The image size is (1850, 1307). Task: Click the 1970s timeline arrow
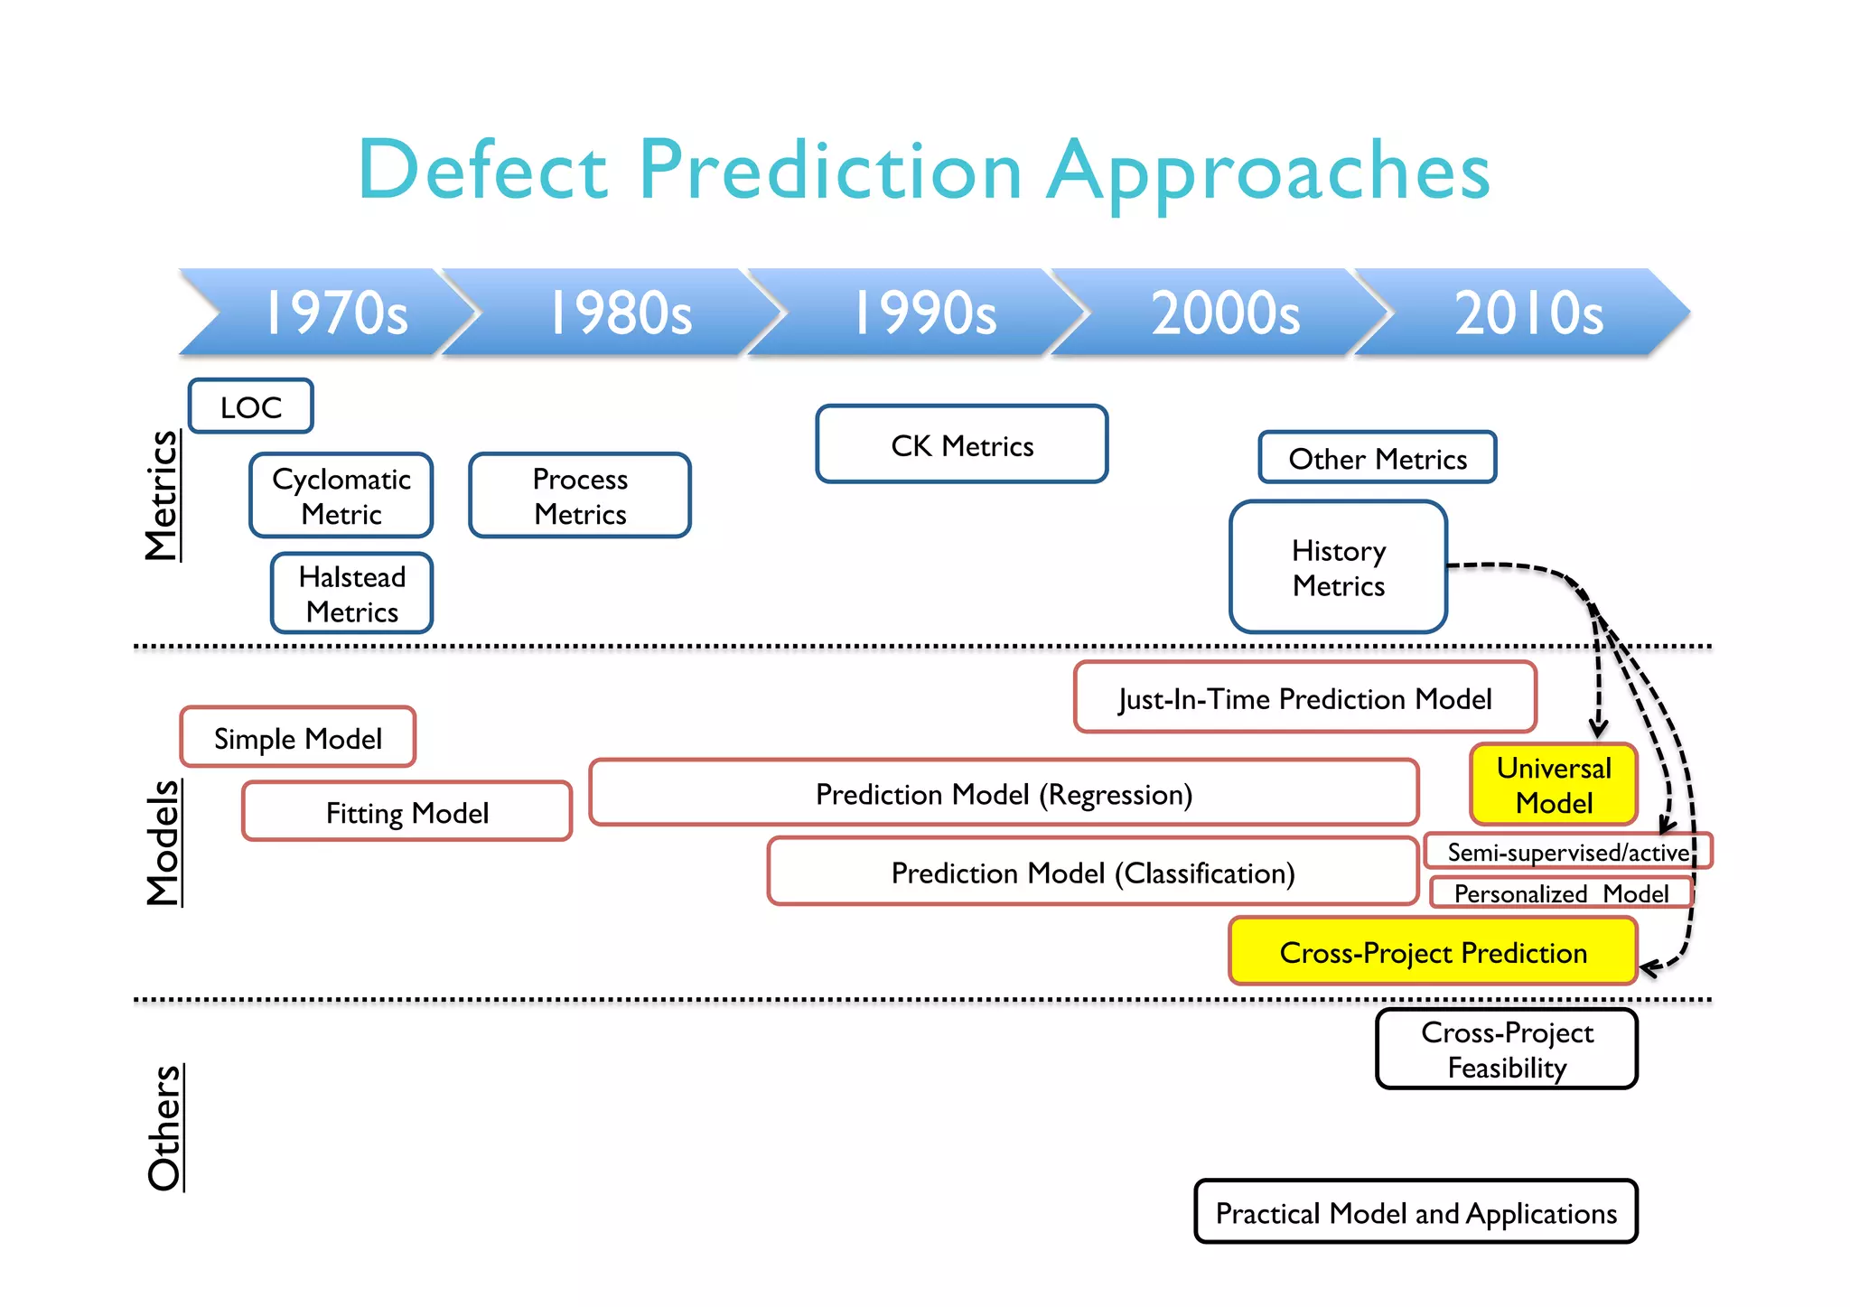click(x=334, y=313)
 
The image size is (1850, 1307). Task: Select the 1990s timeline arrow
click(x=923, y=313)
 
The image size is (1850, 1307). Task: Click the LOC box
click(x=251, y=406)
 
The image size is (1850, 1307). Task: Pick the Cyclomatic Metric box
click(x=341, y=496)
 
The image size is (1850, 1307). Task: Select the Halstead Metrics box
click(x=352, y=593)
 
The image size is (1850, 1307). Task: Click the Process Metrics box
click(x=580, y=496)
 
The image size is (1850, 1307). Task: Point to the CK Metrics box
click(x=961, y=444)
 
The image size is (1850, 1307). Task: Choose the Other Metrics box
click(x=1377, y=458)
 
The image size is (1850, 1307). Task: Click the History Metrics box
click(x=1338, y=567)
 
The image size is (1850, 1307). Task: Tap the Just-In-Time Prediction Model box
click(x=1304, y=697)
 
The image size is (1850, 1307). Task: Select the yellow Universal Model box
click(x=1553, y=784)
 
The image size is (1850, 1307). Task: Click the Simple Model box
click(x=298, y=738)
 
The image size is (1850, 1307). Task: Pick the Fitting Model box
click(x=406, y=812)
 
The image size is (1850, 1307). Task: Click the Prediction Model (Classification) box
click(x=1092, y=872)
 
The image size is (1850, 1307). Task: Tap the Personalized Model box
click(x=1560, y=892)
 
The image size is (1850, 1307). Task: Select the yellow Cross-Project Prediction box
click(x=1433, y=951)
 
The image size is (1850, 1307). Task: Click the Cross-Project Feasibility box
click(x=1506, y=1049)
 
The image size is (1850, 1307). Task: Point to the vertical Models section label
click(x=164, y=843)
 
